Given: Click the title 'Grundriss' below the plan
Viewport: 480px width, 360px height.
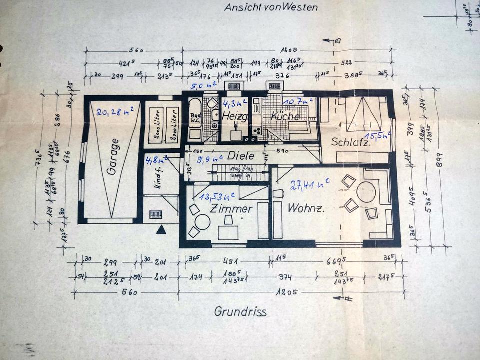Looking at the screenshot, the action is click(x=240, y=312).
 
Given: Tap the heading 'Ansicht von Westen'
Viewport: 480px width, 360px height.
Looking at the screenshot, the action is click(x=271, y=7).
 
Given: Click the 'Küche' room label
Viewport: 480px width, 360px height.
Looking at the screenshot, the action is click(x=285, y=116).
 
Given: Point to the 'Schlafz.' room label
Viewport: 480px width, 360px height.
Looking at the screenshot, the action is click(x=351, y=142).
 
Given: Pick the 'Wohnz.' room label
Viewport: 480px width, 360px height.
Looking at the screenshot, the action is click(x=306, y=209).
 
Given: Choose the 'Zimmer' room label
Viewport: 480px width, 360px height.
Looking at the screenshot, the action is click(x=231, y=209).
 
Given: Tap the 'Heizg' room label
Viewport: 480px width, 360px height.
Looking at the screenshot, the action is click(x=235, y=116).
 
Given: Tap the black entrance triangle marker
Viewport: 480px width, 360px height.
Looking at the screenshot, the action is click(x=161, y=230).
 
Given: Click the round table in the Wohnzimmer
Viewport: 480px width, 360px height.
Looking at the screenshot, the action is click(x=366, y=192).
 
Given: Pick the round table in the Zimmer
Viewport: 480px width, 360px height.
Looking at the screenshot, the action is click(x=202, y=222).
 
